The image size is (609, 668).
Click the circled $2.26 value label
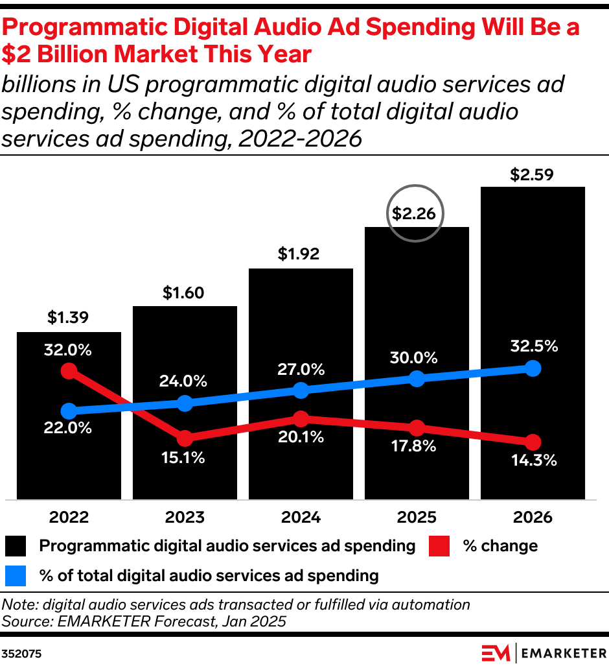coord(415,213)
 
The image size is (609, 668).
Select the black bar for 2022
coord(69,454)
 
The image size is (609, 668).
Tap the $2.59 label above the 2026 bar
coord(533,174)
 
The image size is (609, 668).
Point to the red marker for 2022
coord(69,371)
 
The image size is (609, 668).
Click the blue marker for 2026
coord(533,368)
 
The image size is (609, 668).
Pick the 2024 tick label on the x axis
coord(301,518)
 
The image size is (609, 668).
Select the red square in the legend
coord(439,546)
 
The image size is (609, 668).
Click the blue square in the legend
coord(16,575)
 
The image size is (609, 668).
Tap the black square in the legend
coord(16,546)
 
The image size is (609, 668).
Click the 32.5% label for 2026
coord(533,346)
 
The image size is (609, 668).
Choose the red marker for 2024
coord(301,418)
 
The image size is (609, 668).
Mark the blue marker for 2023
coord(185,403)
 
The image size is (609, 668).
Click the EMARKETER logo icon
coord(496,652)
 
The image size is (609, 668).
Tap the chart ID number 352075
coord(22,654)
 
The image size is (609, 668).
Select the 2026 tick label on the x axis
coord(533,518)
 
